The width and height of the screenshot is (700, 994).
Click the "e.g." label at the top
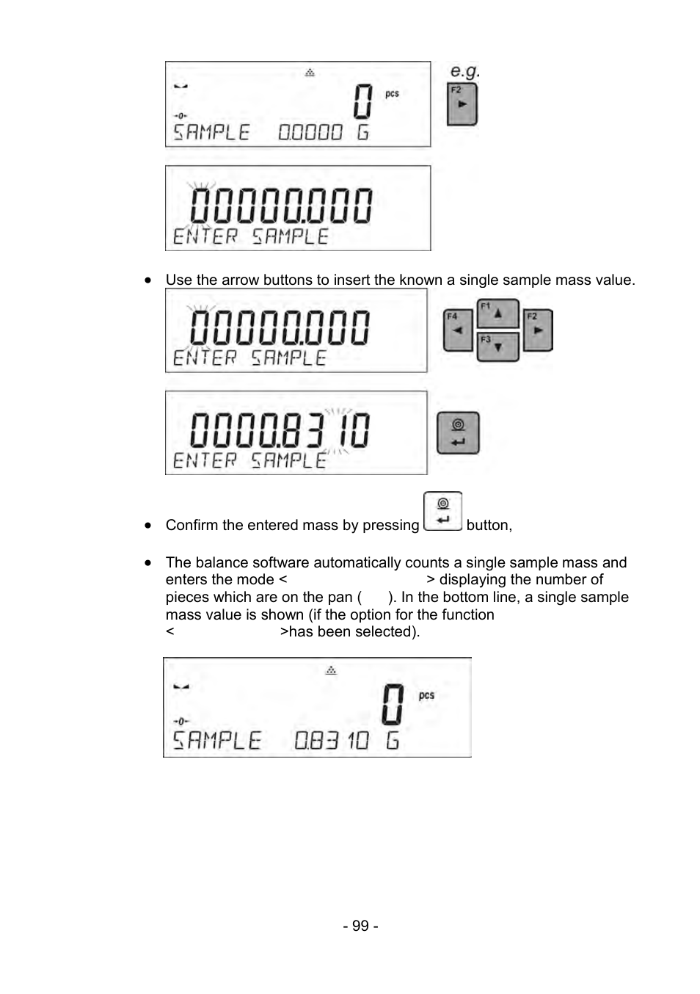tap(464, 71)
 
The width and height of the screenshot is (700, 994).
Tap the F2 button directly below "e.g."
tap(462, 104)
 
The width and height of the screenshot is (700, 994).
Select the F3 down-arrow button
tap(497, 347)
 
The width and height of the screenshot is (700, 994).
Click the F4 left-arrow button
tap(458, 330)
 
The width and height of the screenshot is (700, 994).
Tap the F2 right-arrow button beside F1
tap(537, 330)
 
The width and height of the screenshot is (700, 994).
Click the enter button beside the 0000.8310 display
tap(458, 433)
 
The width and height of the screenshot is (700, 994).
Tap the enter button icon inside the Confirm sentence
tap(442, 511)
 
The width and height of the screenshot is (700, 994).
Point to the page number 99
tap(360, 926)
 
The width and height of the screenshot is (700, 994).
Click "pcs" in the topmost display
tap(393, 94)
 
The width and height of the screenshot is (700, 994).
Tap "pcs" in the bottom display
tap(426, 695)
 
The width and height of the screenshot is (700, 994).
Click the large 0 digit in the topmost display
tap(362, 102)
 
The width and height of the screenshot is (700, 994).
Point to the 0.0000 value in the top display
tap(310, 133)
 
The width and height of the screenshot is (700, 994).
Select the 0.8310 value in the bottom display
tap(332, 740)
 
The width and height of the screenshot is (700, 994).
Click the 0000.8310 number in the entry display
tap(280, 430)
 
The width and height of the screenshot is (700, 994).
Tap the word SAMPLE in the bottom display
tap(216, 740)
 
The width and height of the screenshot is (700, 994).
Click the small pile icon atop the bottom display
tap(331, 670)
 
